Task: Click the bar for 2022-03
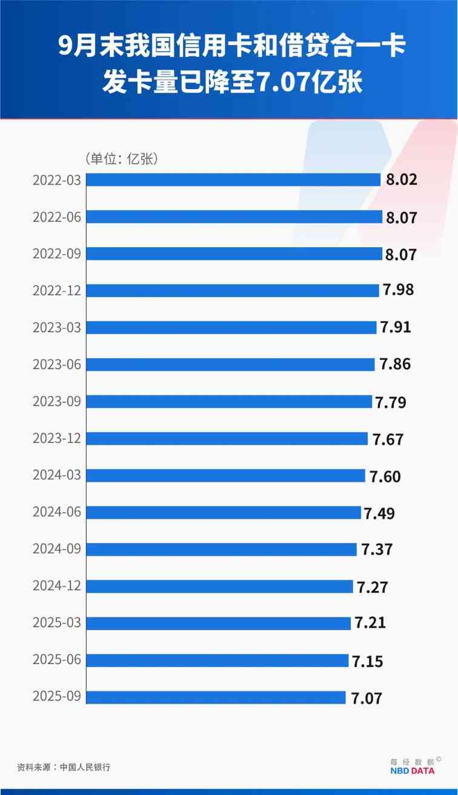pyautogui.click(x=233, y=179)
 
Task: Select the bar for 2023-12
pyautogui.click(x=227, y=438)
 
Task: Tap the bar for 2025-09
pyautogui.click(x=216, y=697)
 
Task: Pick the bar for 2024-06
pyautogui.click(x=224, y=512)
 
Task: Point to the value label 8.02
pyautogui.click(x=401, y=180)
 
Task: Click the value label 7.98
pyautogui.click(x=397, y=290)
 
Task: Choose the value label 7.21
pyautogui.click(x=370, y=624)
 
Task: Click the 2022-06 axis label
pyautogui.click(x=57, y=217)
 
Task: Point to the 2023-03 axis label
pyautogui.click(x=57, y=328)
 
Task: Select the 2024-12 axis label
pyautogui.click(x=57, y=587)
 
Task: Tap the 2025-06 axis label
pyautogui.click(x=57, y=660)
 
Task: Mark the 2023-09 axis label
pyautogui.click(x=57, y=402)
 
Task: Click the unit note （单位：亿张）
pyautogui.click(x=121, y=159)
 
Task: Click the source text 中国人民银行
pyautogui.click(x=85, y=767)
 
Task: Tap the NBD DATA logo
pyautogui.click(x=411, y=770)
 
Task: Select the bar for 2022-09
pyautogui.click(x=234, y=253)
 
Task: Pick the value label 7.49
pyautogui.click(x=379, y=513)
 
